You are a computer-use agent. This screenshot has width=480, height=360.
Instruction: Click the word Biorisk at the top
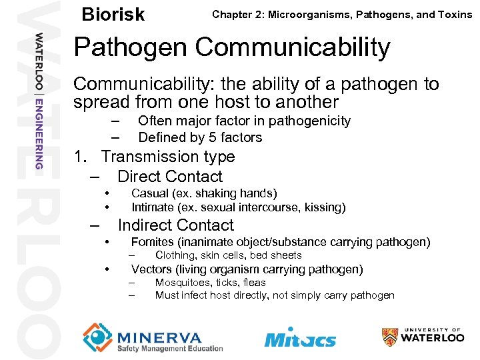[x=113, y=14]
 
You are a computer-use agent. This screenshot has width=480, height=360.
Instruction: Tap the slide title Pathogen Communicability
[x=231, y=47]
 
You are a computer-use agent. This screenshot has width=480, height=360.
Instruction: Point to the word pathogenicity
[x=311, y=121]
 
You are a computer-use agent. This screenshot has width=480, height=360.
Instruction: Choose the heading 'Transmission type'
[x=168, y=157]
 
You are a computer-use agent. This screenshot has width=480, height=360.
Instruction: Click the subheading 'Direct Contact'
[x=170, y=177]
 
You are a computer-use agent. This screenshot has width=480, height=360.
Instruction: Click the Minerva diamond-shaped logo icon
[x=98, y=336]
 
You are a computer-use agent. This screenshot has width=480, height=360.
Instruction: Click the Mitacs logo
[x=300, y=337]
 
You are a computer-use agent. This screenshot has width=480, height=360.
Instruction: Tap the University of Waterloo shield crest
[x=390, y=337]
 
